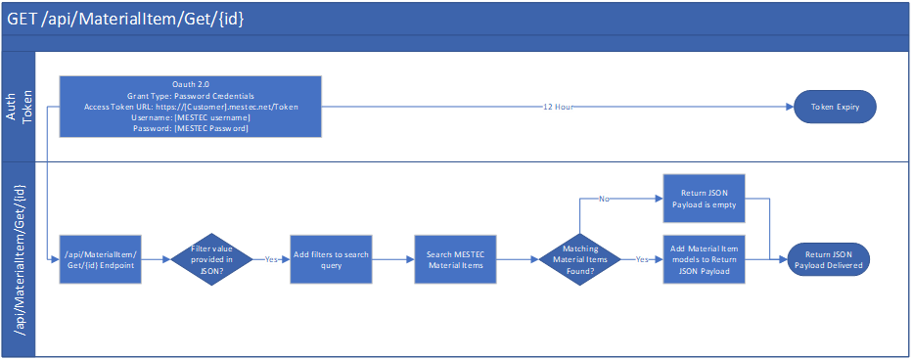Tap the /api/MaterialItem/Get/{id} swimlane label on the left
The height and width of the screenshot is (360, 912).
19,259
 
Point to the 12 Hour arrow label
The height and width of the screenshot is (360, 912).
558,107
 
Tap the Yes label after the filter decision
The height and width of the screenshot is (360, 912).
271,259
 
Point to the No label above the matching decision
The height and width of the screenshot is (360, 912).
604,199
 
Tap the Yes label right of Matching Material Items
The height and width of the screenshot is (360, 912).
642,259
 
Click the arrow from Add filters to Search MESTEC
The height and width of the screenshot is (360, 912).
394,258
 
